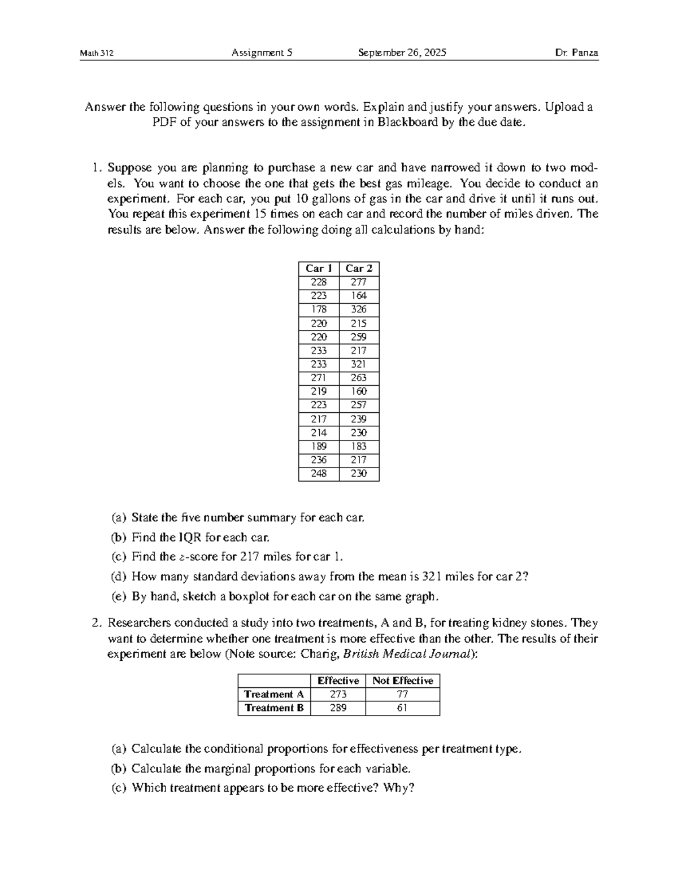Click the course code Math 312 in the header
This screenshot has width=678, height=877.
97,53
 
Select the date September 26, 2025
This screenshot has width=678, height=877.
402,53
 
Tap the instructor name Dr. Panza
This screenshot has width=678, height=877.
576,53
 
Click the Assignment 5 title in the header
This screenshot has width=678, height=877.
262,53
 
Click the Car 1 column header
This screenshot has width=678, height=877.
319,268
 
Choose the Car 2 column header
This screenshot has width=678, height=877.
359,268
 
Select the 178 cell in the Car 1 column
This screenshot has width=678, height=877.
319,309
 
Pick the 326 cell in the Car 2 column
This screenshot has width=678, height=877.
359,309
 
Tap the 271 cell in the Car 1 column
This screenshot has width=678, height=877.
319,378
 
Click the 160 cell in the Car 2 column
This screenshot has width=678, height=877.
359,391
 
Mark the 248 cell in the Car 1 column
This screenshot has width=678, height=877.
319,474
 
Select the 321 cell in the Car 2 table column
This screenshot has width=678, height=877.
359,364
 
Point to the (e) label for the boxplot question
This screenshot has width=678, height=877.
119,596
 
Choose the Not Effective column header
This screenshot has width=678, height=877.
402,680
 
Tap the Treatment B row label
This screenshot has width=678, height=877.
274,708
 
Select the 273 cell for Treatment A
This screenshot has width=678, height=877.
338,695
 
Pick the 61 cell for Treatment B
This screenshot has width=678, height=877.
402,708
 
